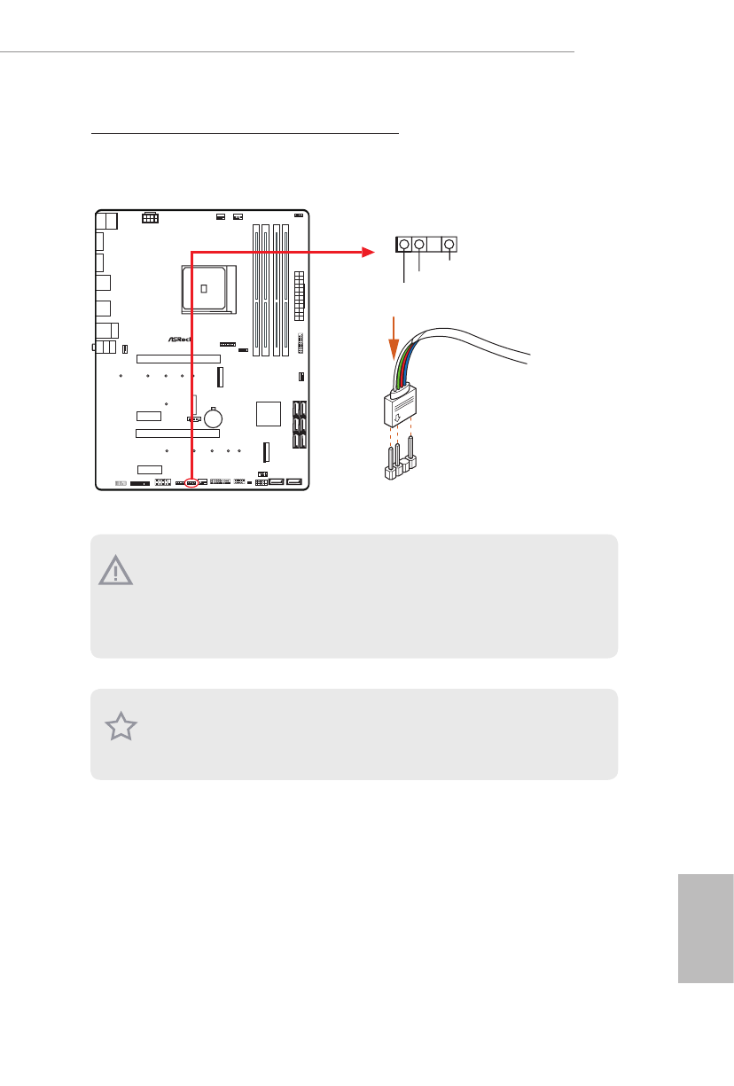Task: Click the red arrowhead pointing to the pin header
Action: [369, 252]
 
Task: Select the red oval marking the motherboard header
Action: [191, 483]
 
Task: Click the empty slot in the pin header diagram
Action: [434, 245]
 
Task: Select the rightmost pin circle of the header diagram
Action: [449, 245]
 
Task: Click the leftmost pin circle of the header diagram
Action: [404, 245]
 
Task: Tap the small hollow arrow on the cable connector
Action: [397, 410]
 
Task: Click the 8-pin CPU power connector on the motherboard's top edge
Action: [150, 217]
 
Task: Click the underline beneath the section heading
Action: [246, 135]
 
